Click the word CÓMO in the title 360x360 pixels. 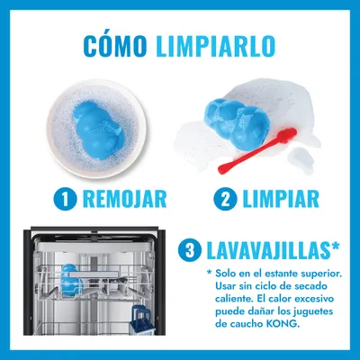click(x=115, y=46)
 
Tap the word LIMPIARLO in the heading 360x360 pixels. click(x=215, y=47)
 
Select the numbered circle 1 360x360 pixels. click(x=65, y=199)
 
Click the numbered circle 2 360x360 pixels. click(x=225, y=199)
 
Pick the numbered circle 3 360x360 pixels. click(x=189, y=250)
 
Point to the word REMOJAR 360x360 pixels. click(x=124, y=199)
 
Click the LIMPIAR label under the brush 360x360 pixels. click(x=281, y=199)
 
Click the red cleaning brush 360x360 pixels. click(x=257, y=150)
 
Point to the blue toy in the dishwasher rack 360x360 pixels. click(x=72, y=280)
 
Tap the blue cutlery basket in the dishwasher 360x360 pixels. click(x=142, y=320)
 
